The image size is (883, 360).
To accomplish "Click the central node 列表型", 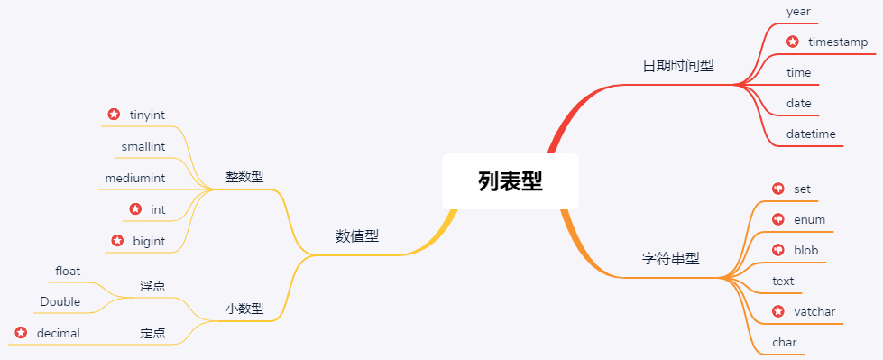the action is click(510, 181).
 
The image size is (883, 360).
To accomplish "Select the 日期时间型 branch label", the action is click(677, 66).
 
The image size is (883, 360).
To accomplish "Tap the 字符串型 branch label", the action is click(670, 258).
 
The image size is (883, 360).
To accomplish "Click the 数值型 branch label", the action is click(357, 236).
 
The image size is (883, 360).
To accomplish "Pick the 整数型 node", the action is click(244, 177).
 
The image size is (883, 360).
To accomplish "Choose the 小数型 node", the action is click(244, 309).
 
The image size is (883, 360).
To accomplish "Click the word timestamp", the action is click(838, 42).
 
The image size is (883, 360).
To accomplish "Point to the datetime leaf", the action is click(811, 134).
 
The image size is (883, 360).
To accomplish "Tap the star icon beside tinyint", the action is click(114, 115).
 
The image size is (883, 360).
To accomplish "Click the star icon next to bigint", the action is click(117, 241).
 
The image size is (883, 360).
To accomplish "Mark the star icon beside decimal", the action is click(21, 333).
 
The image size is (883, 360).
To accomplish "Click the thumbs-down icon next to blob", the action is click(778, 250).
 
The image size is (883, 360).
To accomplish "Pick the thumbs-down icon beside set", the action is click(778, 189).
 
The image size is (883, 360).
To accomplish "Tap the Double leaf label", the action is click(60, 301).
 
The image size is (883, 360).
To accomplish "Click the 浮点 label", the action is click(152, 285).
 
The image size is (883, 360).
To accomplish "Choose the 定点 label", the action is click(152, 333).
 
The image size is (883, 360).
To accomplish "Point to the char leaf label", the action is click(785, 343).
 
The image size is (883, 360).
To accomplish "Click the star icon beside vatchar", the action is click(778, 312).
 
